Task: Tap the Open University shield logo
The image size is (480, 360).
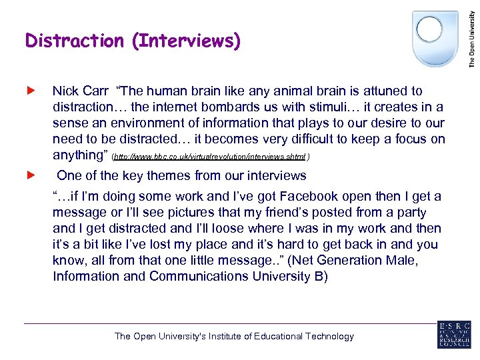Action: pos(435,37)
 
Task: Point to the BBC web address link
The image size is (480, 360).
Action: pos(209,157)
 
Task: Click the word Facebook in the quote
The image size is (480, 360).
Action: pos(310,196)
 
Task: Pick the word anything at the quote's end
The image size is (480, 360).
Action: pos(80,155)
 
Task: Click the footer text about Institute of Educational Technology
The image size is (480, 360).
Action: pos(234,336)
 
